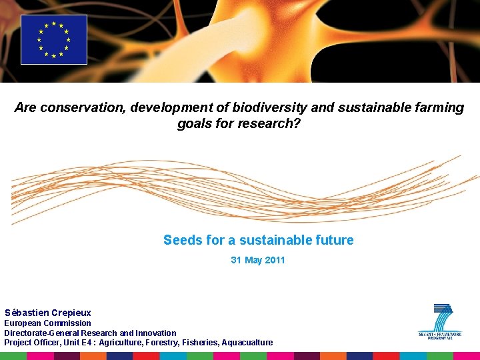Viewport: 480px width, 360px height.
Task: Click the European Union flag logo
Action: (54, 39)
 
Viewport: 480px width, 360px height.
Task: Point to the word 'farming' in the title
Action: (439, 108)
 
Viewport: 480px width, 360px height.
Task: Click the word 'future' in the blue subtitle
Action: (335, 240)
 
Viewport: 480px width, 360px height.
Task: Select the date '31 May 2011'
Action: (258, 260)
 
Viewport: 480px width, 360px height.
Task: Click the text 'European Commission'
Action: (47, 323)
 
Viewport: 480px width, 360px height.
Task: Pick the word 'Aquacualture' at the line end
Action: (247, 343)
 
